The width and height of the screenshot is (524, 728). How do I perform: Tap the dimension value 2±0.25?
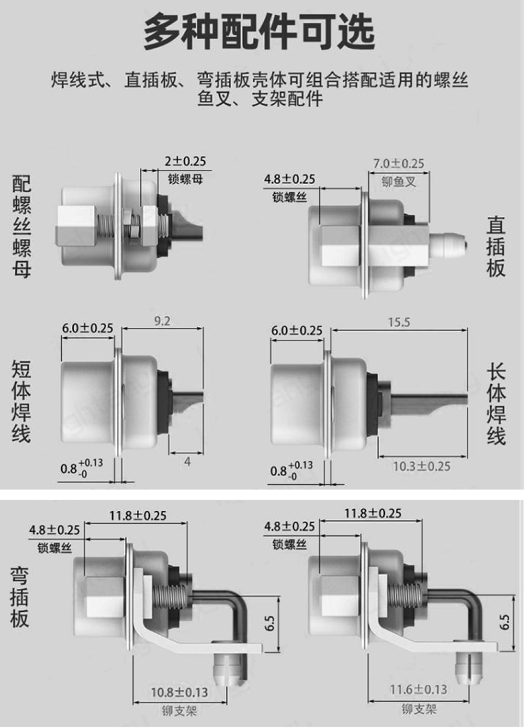click(x=185, y=161)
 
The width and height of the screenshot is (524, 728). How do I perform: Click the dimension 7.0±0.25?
click(x=399, y=163)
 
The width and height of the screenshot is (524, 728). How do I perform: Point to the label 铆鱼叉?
click(x=398, y=181)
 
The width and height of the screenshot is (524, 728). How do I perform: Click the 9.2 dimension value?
click(x=163, y=321)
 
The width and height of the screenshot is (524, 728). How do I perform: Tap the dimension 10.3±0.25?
click(x=421, y=466)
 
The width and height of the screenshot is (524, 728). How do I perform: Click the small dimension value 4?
click(x=187, y=461)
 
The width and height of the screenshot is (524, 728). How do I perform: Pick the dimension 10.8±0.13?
click(x=179, y=692)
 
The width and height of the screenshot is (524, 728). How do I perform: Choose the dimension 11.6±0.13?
click(x=419, y=690)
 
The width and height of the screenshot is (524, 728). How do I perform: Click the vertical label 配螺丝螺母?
click(x=21, y=226)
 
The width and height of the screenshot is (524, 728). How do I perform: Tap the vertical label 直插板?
click(x=496, y=246)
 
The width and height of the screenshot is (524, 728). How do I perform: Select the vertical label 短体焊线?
click(x=21, y=400)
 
